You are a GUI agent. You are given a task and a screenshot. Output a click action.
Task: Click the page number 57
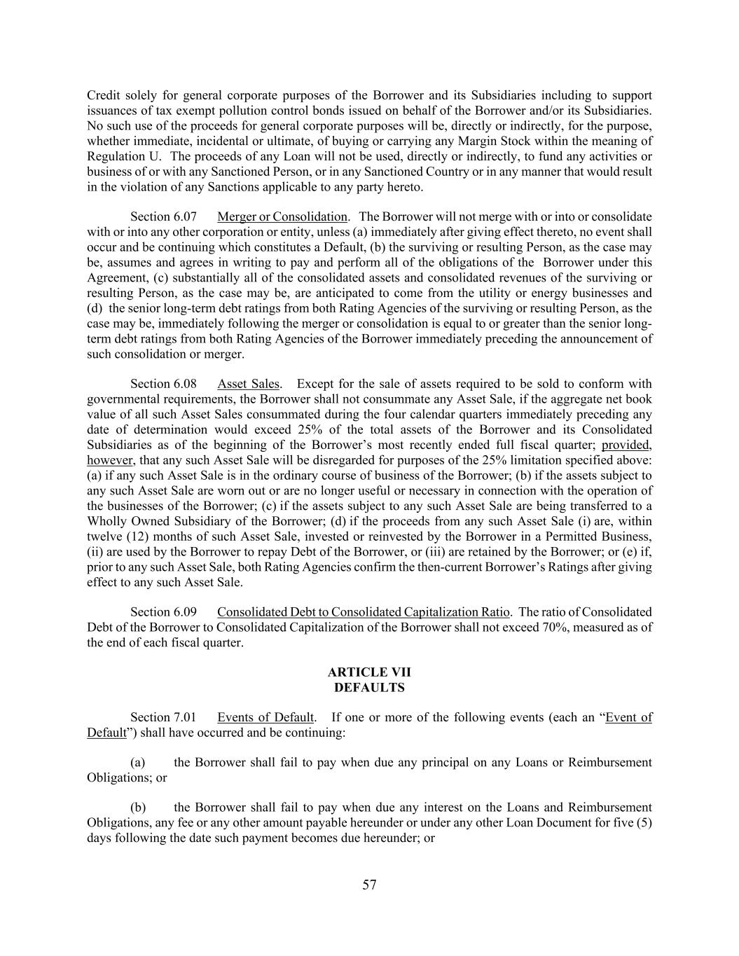tap(369, 885)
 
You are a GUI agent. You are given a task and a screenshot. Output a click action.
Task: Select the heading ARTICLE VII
tap(369, 672)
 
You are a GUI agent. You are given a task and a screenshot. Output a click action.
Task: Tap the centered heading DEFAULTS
tap(369, 688)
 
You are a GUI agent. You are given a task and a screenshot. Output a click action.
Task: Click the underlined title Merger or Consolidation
tap(282, 217)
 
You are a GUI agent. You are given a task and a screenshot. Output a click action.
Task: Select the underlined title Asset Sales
tap(248, 384)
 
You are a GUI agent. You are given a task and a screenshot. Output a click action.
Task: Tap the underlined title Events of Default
tap(265, 717)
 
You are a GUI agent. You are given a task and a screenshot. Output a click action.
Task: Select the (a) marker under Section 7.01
tap(137, 763)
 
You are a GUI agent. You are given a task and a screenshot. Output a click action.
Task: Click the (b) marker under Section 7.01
tap(137, 808)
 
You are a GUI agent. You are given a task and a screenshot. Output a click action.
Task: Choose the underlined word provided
tap(626, 445)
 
